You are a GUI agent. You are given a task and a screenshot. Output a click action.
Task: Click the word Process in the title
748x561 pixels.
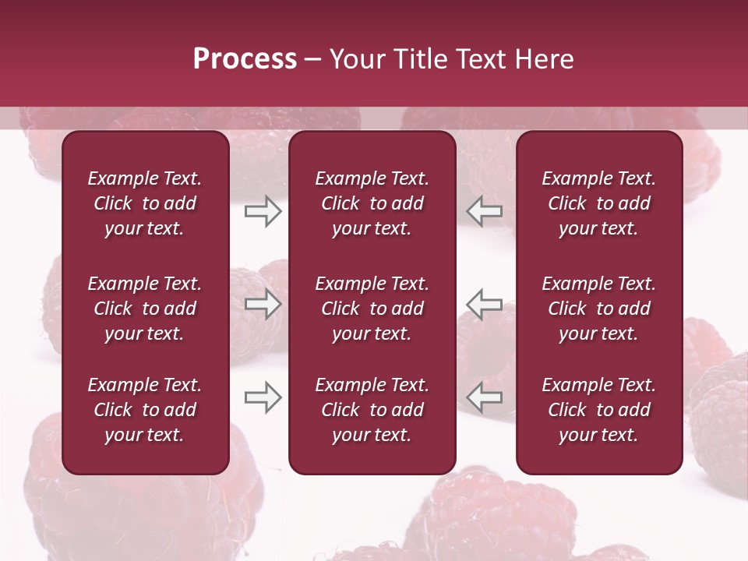click(245, 59)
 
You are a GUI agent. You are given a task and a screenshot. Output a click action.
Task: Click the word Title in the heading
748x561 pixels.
click(418, 59)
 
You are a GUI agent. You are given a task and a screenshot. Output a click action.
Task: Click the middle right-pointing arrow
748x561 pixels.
click(263, 304)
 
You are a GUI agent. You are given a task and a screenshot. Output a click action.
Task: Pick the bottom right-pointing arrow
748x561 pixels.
click(263, 397)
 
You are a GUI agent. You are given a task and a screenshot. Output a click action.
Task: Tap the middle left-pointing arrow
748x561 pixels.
click(485, 304)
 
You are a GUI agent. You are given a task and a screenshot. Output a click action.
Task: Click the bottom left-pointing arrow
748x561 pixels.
click(485, 397)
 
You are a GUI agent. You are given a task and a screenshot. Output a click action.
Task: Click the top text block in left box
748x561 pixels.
click(145, 203)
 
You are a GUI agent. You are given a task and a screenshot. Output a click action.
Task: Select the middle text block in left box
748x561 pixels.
click(145, 309)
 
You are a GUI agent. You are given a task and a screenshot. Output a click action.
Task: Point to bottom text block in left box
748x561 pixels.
click(145, 410)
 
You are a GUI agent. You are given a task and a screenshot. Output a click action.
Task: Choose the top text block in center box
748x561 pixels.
click(372, 203)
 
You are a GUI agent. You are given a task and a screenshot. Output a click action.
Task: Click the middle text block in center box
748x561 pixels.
click(372, 309)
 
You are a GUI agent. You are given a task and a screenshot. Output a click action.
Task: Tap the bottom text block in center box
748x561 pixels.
click(372, 410)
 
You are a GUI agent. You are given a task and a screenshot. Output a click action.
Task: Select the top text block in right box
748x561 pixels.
click(598, 203)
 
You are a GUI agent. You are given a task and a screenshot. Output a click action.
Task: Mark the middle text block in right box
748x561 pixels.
click(598, 309)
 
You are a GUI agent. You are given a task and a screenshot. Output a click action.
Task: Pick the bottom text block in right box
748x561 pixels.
click(598, 410)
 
